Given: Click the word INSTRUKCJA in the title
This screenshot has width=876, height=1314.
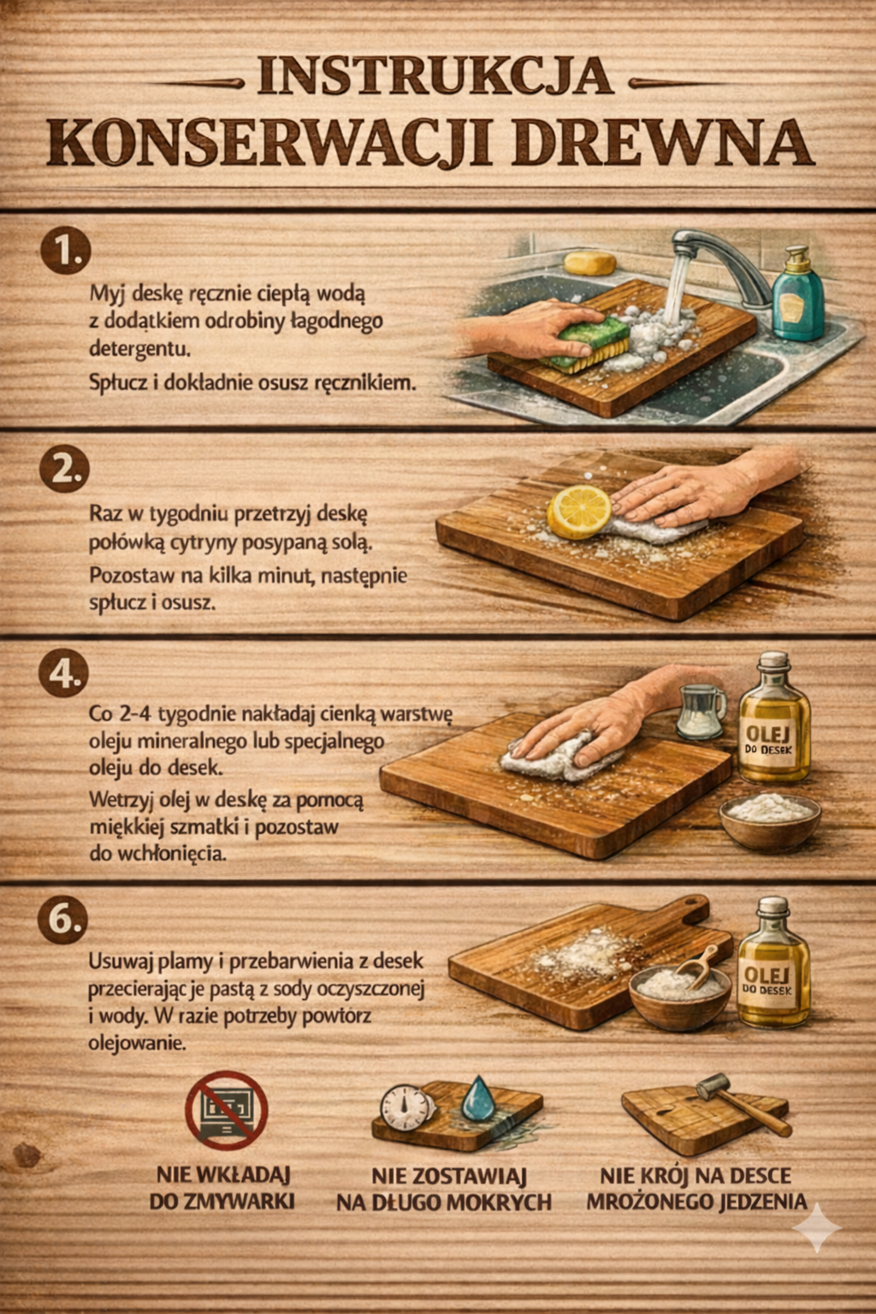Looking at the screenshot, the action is (x=435, y=76).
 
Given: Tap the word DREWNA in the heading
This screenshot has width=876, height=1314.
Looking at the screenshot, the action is (x=662, y=143).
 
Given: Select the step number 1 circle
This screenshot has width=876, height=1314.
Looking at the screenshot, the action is (x=66, y=251).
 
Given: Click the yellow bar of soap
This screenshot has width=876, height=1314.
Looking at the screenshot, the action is (x=589, y=263).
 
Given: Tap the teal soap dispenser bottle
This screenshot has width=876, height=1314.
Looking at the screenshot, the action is (x=798, y=296).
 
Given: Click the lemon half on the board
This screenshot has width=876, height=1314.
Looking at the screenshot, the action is (x=579, y=512).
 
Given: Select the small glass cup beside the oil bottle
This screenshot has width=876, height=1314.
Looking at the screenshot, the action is (x=702, y=712).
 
